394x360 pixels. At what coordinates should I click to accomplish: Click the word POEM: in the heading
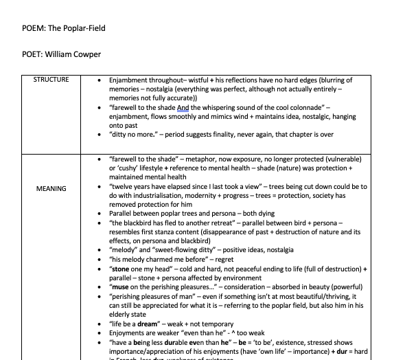[x=34, y=28]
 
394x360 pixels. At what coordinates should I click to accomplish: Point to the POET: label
[x=33, y=54]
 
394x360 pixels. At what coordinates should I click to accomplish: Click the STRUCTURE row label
[x=51, y=80]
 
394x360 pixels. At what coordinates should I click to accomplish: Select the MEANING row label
[x=51, y=188]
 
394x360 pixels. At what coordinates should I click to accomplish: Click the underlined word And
[x=183, y=107]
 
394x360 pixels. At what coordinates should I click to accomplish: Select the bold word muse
[x=121, y=287]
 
